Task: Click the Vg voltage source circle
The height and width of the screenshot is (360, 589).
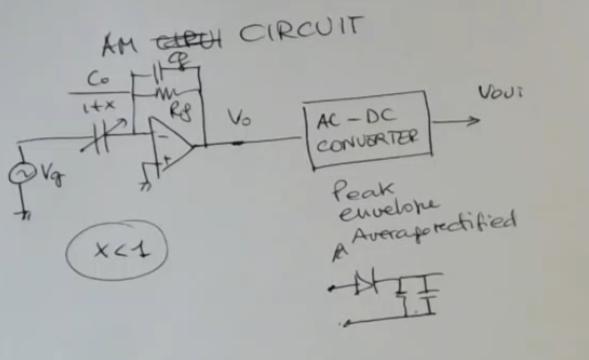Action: (19, 174)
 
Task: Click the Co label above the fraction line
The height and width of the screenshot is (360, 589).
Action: (98, 80)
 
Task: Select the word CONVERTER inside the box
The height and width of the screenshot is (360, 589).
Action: (365, 141)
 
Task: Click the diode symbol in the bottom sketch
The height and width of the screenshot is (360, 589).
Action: (365, 284)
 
